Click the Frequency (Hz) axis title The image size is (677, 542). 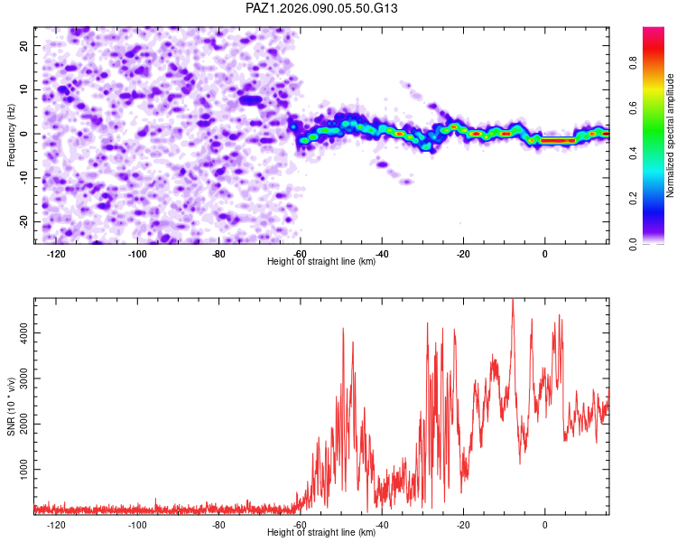[x=11, y=135]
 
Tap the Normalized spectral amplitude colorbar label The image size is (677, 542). [x=671, y=135]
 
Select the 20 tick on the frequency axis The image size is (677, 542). [x=24, y=45]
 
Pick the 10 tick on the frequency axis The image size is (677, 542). [x=24, y=89]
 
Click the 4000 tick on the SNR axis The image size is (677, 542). [x=19, y=333]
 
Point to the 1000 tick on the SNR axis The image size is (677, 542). [x=19, y=470]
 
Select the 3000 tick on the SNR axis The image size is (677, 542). [x=19, y=378]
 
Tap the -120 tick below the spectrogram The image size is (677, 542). [x=56, y=255]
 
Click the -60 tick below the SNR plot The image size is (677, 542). [x=301, y=525]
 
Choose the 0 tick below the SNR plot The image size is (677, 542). [x=545, y=525]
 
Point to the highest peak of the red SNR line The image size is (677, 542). [x=513, y=300]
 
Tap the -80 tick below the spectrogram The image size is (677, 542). [x=218, y=255]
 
